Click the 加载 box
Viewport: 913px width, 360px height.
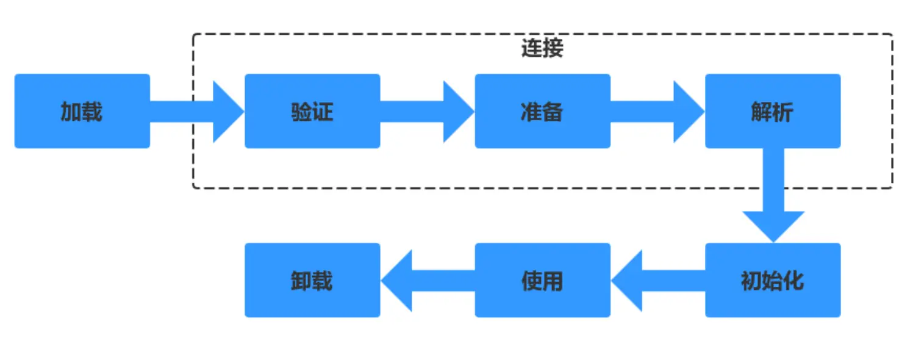point(82,111)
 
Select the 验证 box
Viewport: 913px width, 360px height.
point(312,111)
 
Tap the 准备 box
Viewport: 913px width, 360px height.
point(542,111)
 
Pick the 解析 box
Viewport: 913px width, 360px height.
point(773,111)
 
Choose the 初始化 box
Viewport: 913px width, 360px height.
point(773,280)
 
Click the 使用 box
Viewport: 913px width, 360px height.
point(542,280)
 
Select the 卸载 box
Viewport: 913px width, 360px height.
point(312,280)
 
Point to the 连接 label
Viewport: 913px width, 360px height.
point(542,49)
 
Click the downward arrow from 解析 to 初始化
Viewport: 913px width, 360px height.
point(773,195)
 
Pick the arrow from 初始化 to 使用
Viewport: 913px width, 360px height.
point(657,280)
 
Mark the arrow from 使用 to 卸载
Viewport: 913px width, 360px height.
point(427,280)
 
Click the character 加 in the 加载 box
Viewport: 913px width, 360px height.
point(71,112)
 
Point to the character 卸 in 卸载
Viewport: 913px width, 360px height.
point(301,281)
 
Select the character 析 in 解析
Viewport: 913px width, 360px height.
point(784,112)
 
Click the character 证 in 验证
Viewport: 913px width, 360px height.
point(323,112)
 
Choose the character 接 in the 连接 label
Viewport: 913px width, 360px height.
point(553,49)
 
